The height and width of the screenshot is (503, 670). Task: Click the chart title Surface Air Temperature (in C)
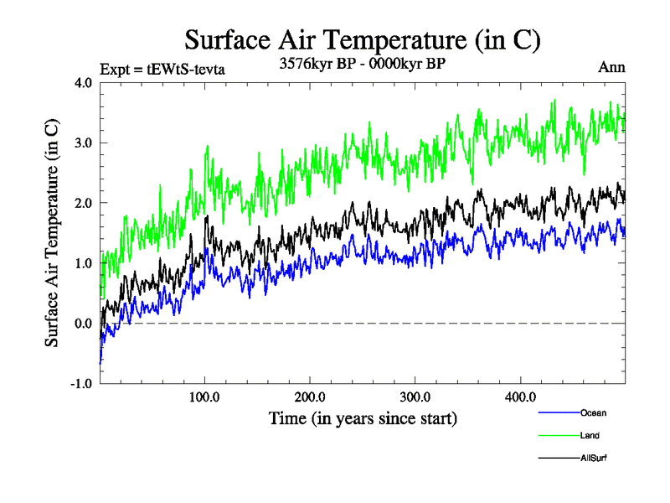point(363,40)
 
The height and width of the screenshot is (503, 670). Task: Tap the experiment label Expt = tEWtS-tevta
point(162,70)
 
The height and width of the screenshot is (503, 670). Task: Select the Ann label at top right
point(611,68)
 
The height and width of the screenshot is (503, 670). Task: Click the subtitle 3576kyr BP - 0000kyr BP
point(362,65)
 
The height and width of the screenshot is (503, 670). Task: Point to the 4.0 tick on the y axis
point(84,83)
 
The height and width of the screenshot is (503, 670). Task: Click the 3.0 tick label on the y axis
point(84,143)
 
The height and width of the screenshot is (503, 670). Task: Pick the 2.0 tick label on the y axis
point(84,204)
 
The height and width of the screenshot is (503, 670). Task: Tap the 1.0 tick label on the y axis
point(84,264)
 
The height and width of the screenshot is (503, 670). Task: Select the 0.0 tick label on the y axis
point(84,324)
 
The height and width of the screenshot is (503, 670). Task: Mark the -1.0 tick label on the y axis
point(81,385)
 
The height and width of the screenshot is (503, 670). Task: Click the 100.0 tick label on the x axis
point(205,397)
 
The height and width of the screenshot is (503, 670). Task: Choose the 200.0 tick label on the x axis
point(311,397)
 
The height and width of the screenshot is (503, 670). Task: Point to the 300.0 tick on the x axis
point(415,397)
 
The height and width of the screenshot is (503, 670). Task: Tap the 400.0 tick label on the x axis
point(521,397)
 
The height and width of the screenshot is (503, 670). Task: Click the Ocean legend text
point(593,412)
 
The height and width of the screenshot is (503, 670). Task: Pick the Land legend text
point(590,435)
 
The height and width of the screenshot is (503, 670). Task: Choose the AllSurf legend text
point(593,458)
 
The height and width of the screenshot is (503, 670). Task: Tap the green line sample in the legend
point(558,435)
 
